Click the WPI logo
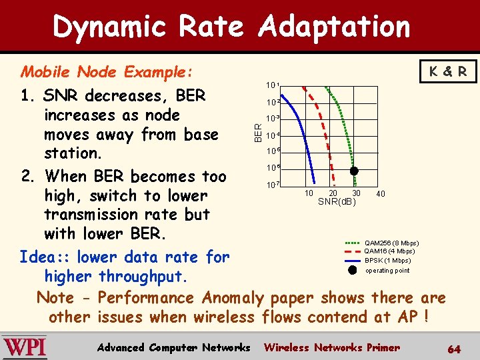25,347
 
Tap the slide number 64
454,349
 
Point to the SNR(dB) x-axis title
337,201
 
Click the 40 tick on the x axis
380,193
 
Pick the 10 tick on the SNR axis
309,193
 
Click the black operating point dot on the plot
355,171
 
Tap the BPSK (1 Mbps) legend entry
387,261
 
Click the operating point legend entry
387,271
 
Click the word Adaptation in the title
334,27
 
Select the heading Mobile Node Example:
107,71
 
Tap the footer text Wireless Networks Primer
332,347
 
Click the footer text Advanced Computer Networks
173,347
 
